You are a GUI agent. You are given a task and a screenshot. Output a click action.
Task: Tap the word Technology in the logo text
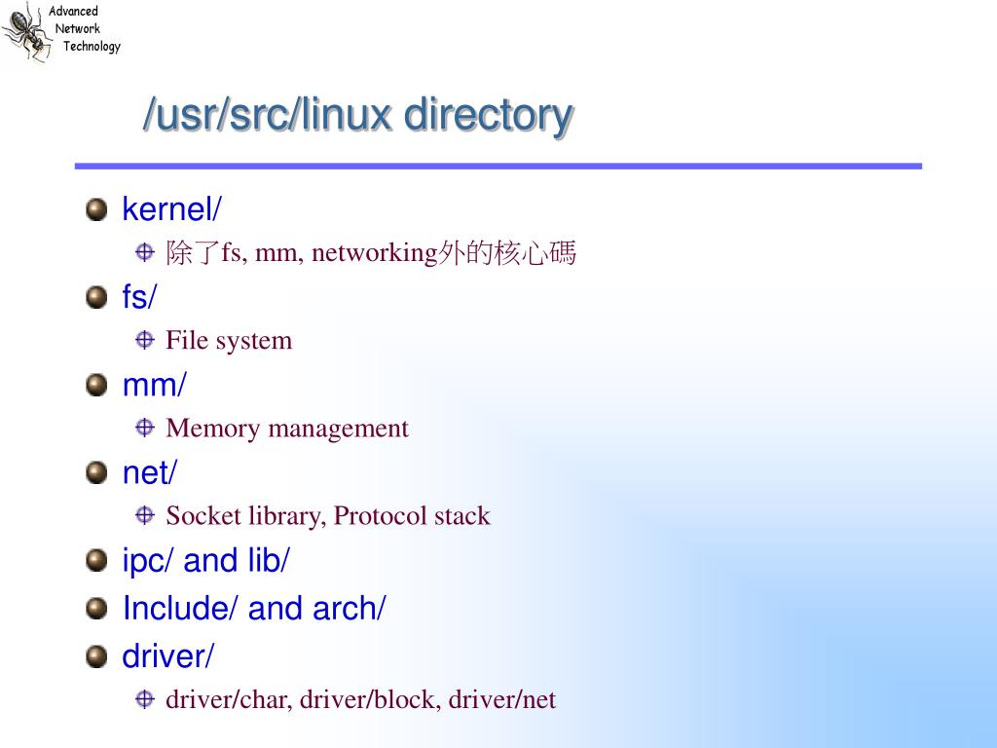point(92,47)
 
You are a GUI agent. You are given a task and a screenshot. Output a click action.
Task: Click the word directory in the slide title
point(488,115)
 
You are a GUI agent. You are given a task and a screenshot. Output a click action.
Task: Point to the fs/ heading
point(139,297)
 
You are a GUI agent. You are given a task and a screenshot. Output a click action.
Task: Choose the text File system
point(229,341)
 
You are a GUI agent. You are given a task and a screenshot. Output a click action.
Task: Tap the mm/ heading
point(154,385)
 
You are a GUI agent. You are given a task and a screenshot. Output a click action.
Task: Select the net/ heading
point(150,473)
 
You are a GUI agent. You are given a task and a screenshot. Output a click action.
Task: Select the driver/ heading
point(167,656)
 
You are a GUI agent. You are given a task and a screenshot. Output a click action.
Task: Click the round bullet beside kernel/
point(95,209)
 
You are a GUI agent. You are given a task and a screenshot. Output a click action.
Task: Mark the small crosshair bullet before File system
point(145,341)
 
